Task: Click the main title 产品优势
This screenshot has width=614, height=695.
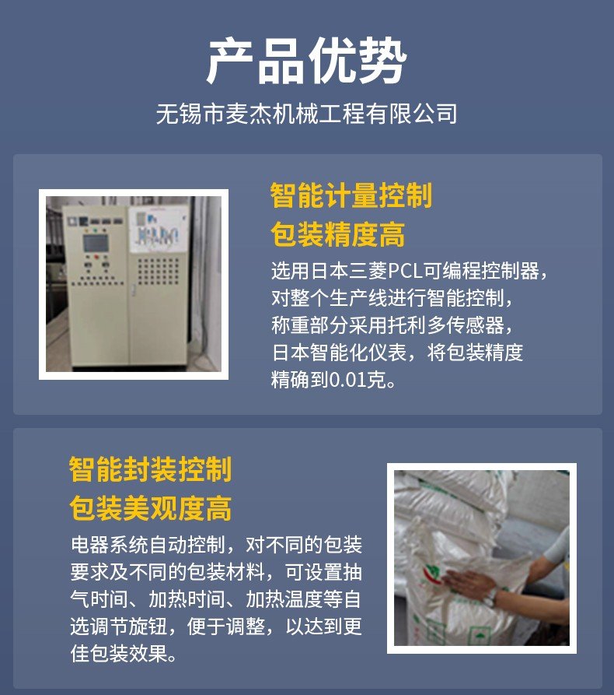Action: [x=306, y=61]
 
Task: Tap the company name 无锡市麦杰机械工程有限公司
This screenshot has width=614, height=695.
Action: [x=306, y=114]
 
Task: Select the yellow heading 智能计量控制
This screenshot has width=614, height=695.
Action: [x=351, y=195]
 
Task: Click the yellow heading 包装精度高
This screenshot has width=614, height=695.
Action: [x=338, y=234]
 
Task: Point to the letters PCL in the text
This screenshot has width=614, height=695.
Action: [x=405, y=271]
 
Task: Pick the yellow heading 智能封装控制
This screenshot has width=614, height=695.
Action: [x=151, y=469]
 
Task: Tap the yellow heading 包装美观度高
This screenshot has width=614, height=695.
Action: [x=151, y=508]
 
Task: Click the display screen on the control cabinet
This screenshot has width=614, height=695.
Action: [x=96, y=243]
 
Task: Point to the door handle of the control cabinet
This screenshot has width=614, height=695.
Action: [x=131, y=290]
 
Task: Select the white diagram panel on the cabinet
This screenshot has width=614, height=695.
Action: [x=159, y=230]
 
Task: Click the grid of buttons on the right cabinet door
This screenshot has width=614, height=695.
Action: [x=158, y=271]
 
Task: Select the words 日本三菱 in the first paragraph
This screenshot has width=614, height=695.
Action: [x=349, y=271]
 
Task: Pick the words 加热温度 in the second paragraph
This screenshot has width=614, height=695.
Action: [x=284, y=598]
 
